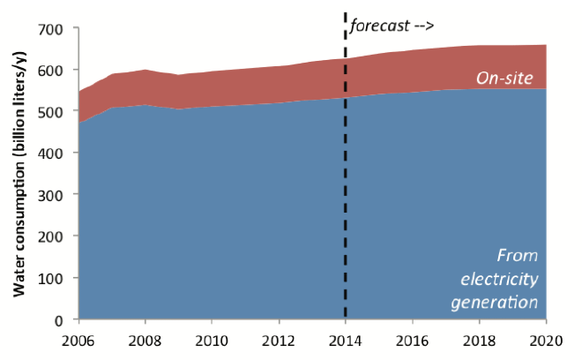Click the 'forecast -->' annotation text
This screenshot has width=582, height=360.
click(392, 26)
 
